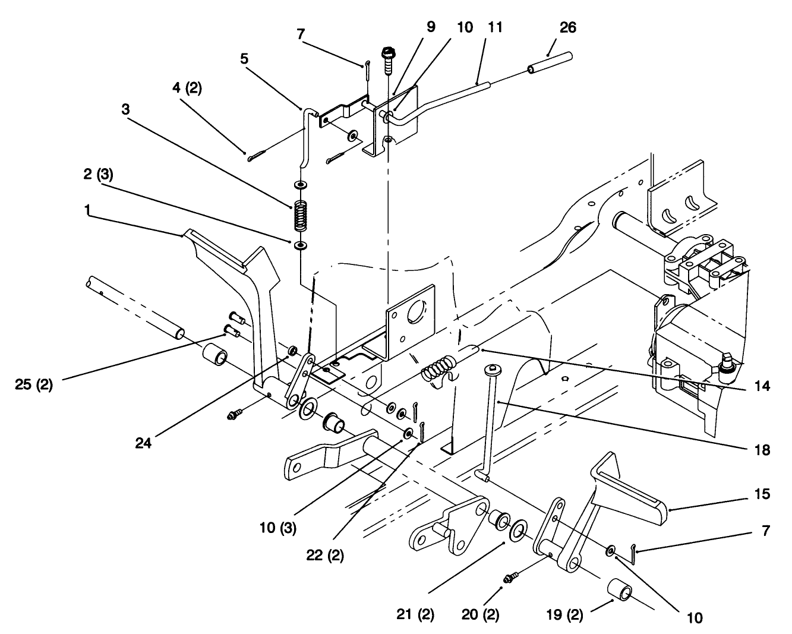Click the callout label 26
(x=567, y=27)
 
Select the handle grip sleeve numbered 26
(x=549, y=63)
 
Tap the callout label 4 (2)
(x=187, y=89)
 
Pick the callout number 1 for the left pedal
(x=88, y=211)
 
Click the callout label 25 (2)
(x=33, y=384)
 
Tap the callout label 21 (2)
(x=416, y=614)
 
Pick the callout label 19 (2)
(x=564, y=614)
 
